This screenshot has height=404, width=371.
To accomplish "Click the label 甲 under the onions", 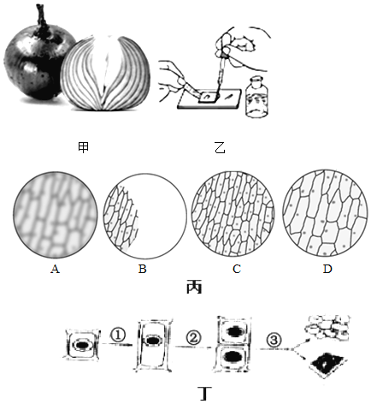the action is (83, 147).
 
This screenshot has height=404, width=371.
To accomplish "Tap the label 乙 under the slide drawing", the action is (220, 148).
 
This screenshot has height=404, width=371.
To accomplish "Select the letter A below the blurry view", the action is (55, 269).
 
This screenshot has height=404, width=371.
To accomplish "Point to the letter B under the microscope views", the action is (143, 269).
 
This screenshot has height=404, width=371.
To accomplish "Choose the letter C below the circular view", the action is (237, 269).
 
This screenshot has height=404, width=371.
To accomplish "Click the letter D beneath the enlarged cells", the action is (327, 269).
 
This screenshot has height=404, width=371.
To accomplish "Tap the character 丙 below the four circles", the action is (194, 288).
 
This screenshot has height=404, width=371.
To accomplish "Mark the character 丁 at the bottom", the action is (205, 393).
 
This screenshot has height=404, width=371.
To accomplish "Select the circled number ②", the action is (193, 338).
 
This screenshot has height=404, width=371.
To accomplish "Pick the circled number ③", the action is (274, 340).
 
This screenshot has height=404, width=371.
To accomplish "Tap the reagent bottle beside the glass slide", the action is (256, 97).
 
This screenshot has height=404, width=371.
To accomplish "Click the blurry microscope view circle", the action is (55, 215).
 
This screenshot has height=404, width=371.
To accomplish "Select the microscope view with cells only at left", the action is (144, 216).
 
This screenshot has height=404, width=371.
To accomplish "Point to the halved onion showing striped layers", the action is (105, 73).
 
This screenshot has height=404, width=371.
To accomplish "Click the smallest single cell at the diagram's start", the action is (82, 345).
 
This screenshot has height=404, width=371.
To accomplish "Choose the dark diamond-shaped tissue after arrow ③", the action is (328, 365).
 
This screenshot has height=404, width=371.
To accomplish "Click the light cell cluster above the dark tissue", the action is (327, 327).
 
